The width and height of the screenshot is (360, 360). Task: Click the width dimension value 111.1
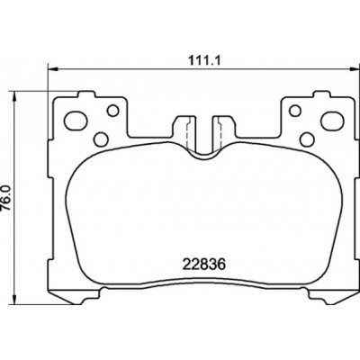coord(204,61)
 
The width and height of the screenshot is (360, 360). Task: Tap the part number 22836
coord(204,265)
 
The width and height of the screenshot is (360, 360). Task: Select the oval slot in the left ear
coord(76,121)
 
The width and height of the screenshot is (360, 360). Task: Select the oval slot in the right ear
coord(331,121)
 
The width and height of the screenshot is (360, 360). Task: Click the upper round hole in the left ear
coord(113,111)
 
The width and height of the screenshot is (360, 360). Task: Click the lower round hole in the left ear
coord(101,139)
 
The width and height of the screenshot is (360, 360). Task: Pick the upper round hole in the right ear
coord(295,111)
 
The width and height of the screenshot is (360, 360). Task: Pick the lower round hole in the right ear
coord(307,139)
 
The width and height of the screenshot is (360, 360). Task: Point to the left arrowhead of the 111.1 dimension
coord(52,69)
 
